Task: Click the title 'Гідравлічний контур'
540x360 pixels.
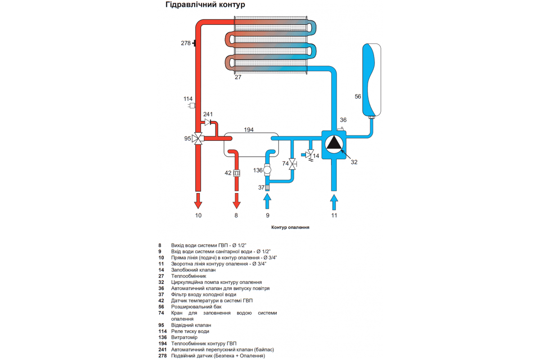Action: [205, 5]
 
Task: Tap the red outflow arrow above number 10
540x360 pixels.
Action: [198, 201]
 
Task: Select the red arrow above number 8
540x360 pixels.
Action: [237, 201]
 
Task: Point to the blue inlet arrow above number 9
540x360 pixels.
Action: [267, 201]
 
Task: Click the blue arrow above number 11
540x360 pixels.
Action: [334, 202]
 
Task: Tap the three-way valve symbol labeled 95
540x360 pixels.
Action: [198, 139]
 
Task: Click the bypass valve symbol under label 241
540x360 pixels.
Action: [207, 122]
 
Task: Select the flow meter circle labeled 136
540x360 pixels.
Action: [267, 170]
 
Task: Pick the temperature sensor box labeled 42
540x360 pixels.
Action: [237, 173]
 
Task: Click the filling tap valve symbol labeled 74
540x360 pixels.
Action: [292, 164]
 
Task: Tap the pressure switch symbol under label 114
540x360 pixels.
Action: [192, 106]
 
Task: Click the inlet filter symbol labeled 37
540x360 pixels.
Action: [267, 187]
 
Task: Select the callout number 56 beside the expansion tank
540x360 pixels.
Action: [358, 96]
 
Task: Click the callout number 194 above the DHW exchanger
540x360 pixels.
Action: [248, 130]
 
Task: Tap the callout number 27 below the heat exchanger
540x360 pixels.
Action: [238, 77]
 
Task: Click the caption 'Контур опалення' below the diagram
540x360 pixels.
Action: [290, 227]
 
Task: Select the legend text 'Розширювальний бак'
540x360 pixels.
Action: [196, 307]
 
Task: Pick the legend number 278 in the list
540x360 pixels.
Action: [162, 355]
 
